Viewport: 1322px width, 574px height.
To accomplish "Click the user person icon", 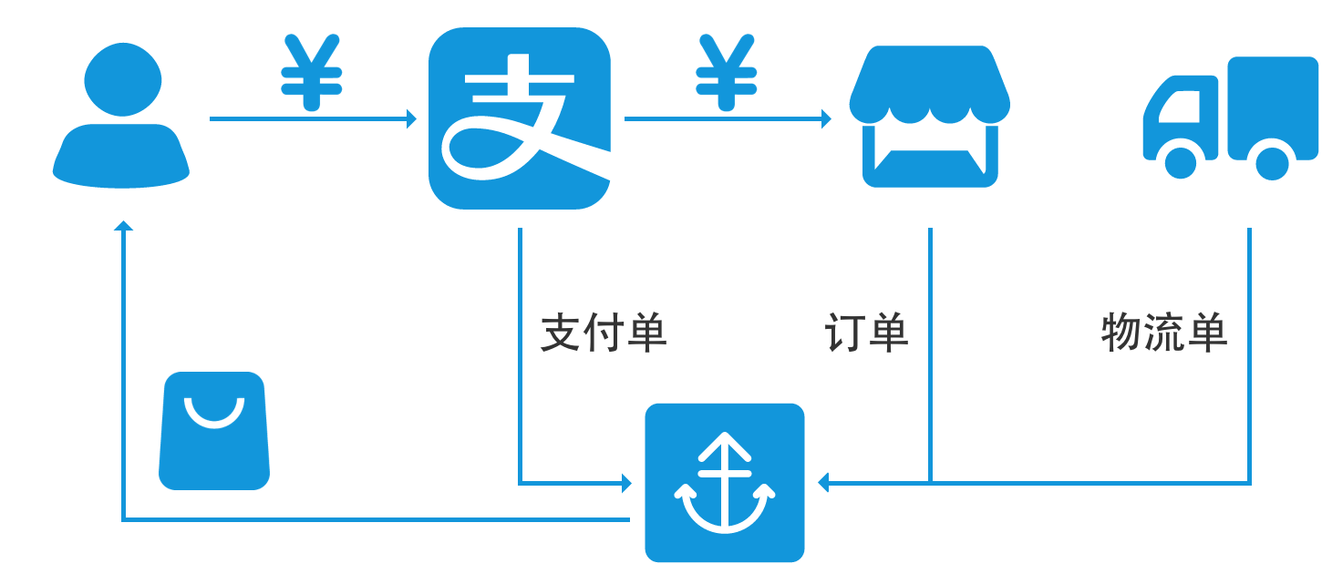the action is (121, 118).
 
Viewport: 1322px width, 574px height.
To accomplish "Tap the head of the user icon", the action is (123, 79).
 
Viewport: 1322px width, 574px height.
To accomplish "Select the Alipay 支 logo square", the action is (519, 118).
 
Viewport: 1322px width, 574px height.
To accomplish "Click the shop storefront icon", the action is (929, 117).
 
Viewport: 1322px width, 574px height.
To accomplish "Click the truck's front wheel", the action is (1181, 161).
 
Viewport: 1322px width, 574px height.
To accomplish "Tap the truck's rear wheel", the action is (1272, 162).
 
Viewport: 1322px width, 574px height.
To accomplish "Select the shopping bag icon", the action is (214, 431).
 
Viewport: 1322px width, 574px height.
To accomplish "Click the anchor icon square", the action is (724, 483).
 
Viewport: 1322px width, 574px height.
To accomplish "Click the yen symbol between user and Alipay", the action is (311, 73).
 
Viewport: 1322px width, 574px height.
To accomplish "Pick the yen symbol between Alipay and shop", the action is (726, 73).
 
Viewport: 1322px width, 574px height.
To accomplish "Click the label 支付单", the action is (604, 333).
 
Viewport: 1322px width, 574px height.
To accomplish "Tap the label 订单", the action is (866, 333).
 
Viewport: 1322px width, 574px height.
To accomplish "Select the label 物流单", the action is (1164, 333).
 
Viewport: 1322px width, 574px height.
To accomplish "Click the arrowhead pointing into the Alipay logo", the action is (411, 118).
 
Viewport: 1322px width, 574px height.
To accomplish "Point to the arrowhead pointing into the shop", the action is (826, 118).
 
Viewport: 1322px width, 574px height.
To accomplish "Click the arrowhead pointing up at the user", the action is (123, 224).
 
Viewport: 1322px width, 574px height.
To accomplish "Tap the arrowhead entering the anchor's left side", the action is (626, 483).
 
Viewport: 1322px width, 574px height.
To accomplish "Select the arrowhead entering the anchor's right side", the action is (822, 482).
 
